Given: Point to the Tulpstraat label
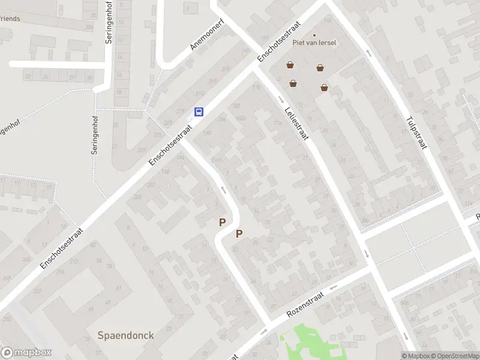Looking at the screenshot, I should point(415,133).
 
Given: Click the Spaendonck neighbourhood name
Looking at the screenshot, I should point(126,335).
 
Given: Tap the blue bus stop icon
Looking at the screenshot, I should point(199,112).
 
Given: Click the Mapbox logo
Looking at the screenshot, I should point(26,353).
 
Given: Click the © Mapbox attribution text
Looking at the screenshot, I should point(416,356).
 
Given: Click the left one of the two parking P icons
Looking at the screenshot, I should point(222,222).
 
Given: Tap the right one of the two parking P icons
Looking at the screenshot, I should point(239,234).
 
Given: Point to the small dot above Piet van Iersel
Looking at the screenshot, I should point(314,35).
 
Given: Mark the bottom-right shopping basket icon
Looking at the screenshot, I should point(325,88).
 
